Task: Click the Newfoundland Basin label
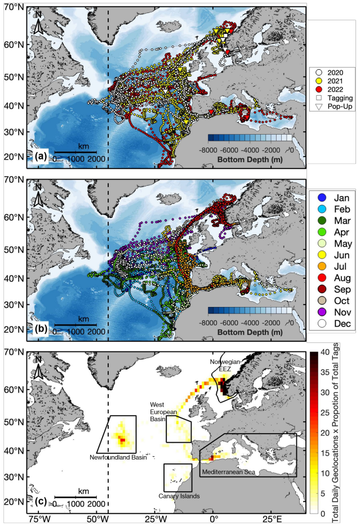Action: [x=118, y=457]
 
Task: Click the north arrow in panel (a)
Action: [x=37, y=25]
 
